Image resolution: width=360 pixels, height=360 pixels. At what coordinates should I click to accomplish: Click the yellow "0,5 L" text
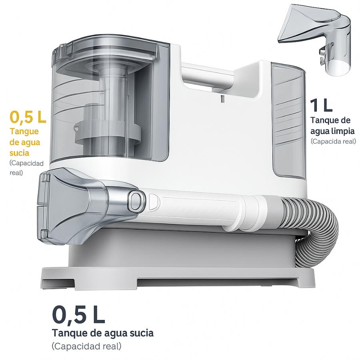pos(28,117)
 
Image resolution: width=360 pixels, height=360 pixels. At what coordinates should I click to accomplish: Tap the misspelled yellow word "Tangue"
pos(24,132)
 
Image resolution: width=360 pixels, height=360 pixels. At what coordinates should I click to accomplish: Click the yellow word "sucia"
pos(19,153)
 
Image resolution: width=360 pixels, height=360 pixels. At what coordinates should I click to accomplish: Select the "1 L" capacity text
pos(321,105)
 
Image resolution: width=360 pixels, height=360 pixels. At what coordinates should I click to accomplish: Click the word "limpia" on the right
pos(343,131)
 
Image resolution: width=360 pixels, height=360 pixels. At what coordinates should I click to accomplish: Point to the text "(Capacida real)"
pos(333,142)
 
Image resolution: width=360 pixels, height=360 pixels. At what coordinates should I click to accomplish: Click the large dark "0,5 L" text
pos(78,314)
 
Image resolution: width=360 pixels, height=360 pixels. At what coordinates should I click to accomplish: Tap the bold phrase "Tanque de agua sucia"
pos(103,333)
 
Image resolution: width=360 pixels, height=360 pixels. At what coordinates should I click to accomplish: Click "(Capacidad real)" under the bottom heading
pos(86,346)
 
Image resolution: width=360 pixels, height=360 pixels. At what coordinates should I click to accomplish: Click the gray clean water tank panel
pos(289,120)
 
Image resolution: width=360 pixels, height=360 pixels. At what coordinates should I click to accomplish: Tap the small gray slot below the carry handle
pos(222,99)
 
